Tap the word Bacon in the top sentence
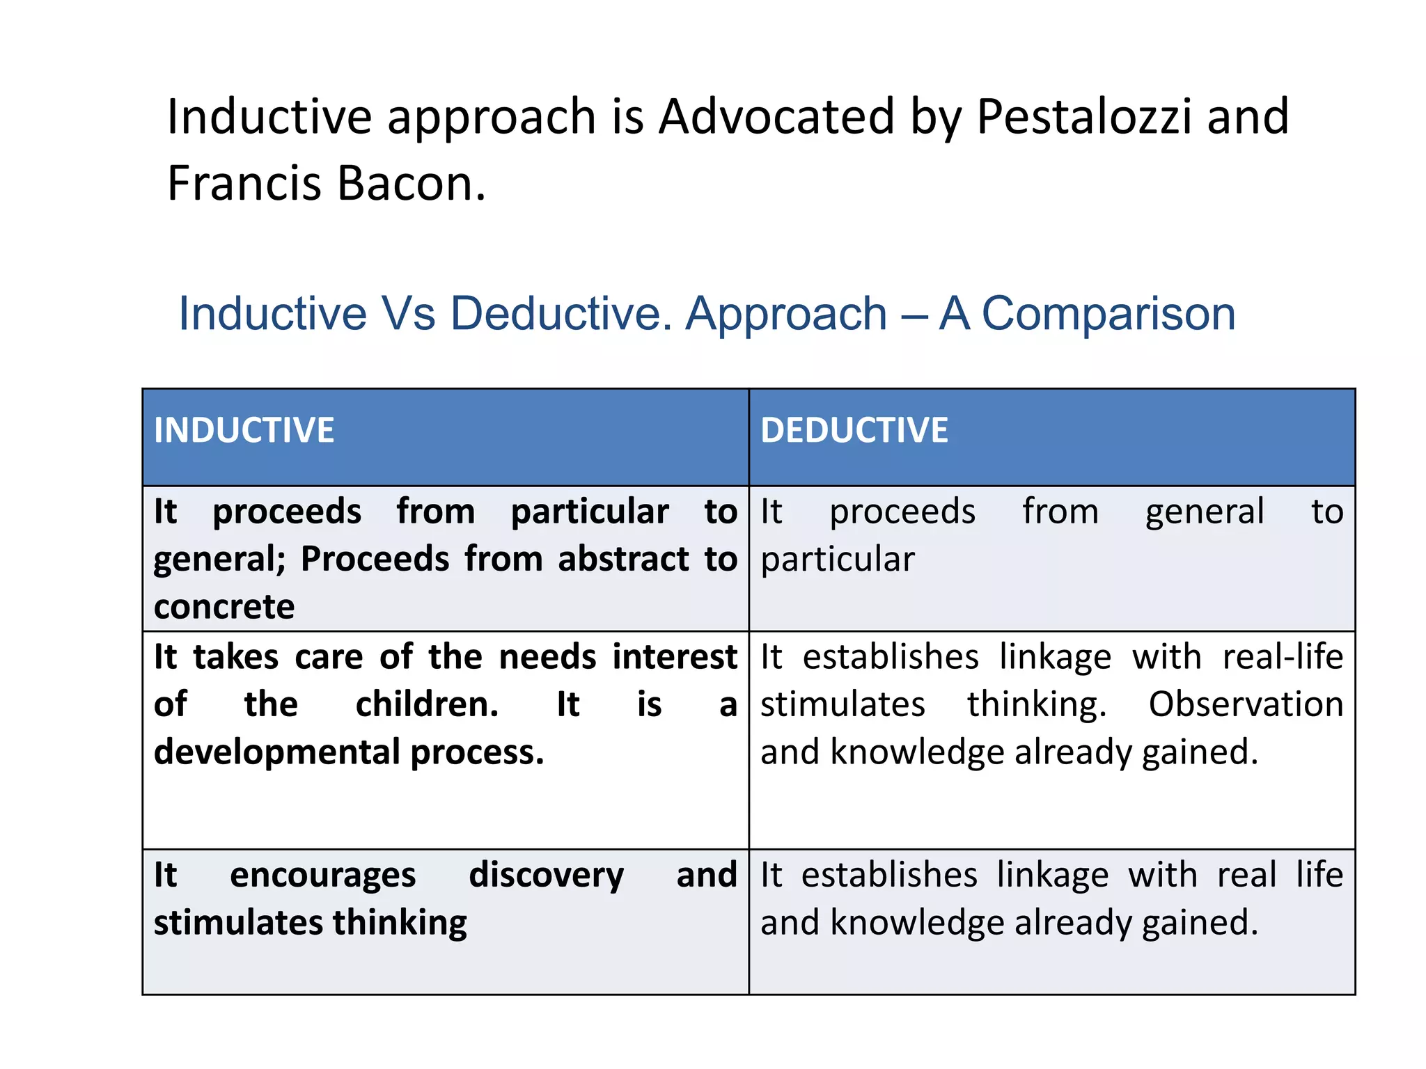(x=411, y=183)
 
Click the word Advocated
(x=776, y=116)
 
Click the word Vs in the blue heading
(x=408, y=313)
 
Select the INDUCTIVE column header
(x=244, y=430)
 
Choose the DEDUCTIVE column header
(x=854, y=430)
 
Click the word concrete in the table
(x=224, y=606)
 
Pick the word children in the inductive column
(x=427, y=704)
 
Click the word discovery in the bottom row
(x=547, y=876)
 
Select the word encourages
(x=323, y=876)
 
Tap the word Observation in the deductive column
(x=1246, y=704)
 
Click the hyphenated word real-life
(x=1283, y=657)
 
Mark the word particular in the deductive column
(x=837, y=560)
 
